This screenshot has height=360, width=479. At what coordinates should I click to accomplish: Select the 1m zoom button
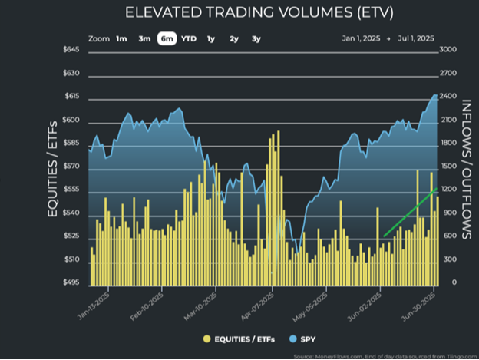click(122, 38)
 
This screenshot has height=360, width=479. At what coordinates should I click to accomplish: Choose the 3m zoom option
click(144, 38)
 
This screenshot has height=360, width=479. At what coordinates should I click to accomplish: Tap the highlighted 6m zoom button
click(167, 38)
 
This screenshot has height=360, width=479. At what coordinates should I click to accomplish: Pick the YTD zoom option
click(189, 38)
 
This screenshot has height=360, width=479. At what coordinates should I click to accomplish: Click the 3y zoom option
click(256, 38)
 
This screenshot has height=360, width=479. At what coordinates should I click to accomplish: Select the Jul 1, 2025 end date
click(416, 38)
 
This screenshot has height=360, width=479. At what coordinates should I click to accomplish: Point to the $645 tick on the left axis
click(71, 50)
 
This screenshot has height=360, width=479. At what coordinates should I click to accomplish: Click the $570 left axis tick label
click(71, 166)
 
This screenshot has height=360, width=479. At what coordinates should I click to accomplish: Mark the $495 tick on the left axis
click(71, 283)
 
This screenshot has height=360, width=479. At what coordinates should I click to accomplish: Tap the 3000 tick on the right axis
click(449, 50)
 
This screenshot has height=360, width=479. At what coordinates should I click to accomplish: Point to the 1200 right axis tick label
click(449, 190)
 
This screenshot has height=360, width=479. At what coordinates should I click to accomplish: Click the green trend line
click(410, 212)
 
